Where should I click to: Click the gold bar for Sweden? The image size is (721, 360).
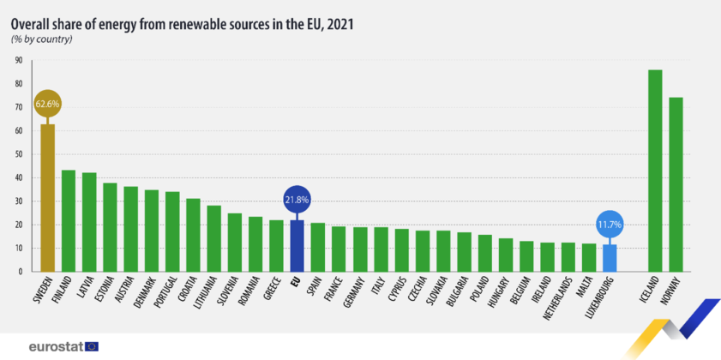(x=48, y=198)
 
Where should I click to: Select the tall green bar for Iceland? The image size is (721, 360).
(x=655, y=171)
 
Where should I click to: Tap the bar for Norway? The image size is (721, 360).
(x=676, y=184)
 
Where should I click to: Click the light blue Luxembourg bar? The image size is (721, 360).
(x=610, y=258)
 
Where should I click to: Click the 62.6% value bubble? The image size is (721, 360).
(x=48, y=105)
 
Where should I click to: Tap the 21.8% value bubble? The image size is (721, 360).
(x=297, y=200)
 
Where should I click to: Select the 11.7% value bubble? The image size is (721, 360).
(x=610, y=225)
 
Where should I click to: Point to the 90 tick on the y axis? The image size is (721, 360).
(x=18, y=61)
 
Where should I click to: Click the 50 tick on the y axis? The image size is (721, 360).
(x=18, y=154)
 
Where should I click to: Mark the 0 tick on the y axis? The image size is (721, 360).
(x=21, y=272)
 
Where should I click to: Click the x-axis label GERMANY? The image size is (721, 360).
(x=352, y=292)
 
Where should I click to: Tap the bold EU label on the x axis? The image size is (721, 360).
(x=296, y=280)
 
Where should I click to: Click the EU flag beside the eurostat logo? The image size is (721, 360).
(x=91, y=346)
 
